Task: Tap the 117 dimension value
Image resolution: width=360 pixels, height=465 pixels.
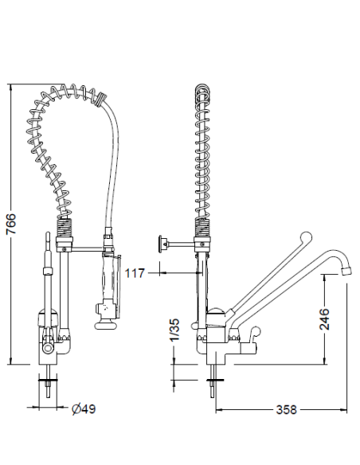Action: coord(135,273)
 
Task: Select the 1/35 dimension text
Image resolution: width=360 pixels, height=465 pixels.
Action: coord(174,330)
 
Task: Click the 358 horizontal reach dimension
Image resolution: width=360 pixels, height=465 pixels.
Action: coord(285,410)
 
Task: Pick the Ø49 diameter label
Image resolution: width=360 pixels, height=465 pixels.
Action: coord(84,409)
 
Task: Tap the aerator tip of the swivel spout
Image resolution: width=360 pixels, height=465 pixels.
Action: coord(346,270)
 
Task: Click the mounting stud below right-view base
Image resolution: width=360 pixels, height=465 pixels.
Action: coord(212,382)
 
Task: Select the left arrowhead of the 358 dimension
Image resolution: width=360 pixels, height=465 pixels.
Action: coord(217,410)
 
